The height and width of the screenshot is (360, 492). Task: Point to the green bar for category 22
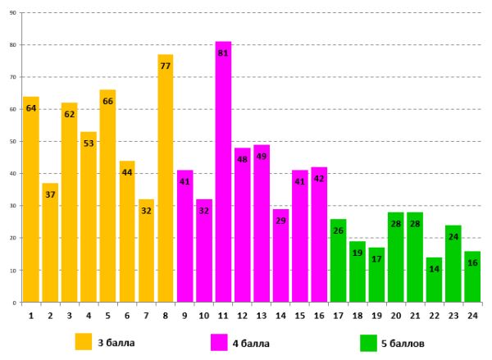[434, 283]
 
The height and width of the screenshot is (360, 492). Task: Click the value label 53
[89, 144]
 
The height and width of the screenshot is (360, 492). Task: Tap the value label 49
[262, 157]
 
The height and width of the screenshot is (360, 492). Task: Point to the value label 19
[358, 253]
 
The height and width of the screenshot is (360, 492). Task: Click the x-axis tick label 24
[472, 315]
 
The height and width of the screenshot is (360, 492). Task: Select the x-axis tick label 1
[31, 315]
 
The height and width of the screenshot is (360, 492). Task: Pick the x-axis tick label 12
[243, 315]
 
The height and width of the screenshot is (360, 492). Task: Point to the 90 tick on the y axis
[13, 13]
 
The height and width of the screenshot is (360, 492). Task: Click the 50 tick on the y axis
[13, 142]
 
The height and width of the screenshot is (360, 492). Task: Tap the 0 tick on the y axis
[16, 303]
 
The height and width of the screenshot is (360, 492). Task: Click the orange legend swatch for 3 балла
[83, 341]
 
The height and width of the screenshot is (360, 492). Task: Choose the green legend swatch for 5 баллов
[368, 341]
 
